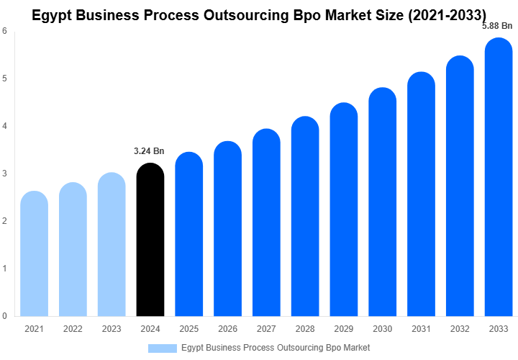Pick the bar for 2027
pyautogui.click(x=266, y=222)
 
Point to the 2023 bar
pyautogui.click(x=112, y=245)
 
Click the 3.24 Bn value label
pyautogui.click(x=150, y=151)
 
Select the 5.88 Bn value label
pyautogui.click(x=497, y=26)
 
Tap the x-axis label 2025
pyautogui.click(x=188, y=329)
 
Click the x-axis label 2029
pyautogui.click(x=344, y=329)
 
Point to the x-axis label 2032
pyautogui.click(x=460, y=329)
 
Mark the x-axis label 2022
pyautogui.click(x=73, y=329)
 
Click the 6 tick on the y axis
pyautogui.click(x=5, y=31)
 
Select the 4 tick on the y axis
pyautogui.click(x=5, y=126)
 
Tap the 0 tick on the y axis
pyautogui.click(x=5, y=316)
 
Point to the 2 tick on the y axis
pyautogui.click(x=5, y=221)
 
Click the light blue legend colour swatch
pyautogui.click(x=162, y=348)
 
